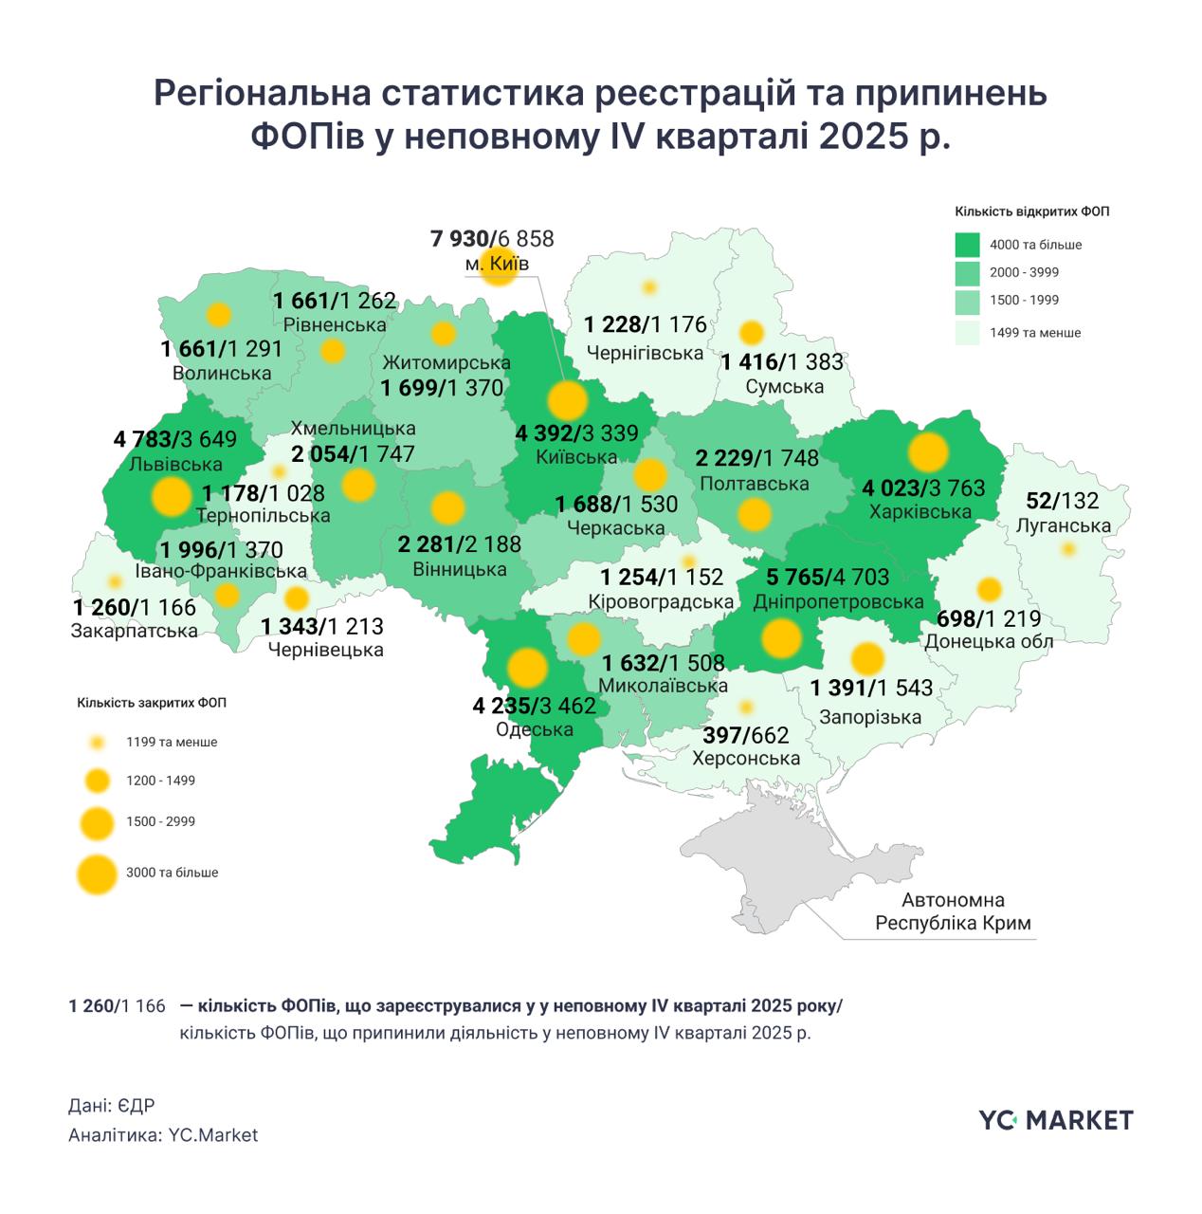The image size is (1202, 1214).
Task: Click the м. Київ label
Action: tap(497, 264)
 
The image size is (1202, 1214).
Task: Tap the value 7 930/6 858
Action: tap(492, 239)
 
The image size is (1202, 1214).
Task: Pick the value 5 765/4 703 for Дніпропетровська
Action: tap(822, 577)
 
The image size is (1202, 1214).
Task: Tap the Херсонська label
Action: tap(746, 759)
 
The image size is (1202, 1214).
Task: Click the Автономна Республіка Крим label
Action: tap(953, 911)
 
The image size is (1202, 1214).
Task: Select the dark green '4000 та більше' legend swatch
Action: tap(967, 245)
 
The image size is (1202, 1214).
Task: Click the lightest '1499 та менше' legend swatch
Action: tap(967, 332)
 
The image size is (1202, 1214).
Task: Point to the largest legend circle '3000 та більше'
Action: tap(97, 874)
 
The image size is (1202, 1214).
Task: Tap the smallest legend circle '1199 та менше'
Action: tap(97, 743)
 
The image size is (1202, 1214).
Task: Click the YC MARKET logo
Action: tap(1055, 1120)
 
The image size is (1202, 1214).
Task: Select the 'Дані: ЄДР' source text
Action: tap(111, 1106)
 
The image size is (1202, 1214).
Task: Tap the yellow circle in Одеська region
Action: tap(526, 668)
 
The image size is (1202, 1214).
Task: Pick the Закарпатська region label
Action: tap(135, 631)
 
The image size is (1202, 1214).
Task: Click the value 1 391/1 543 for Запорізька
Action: tap(871, 688)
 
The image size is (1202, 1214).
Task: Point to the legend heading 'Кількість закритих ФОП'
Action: tap(152, 703)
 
